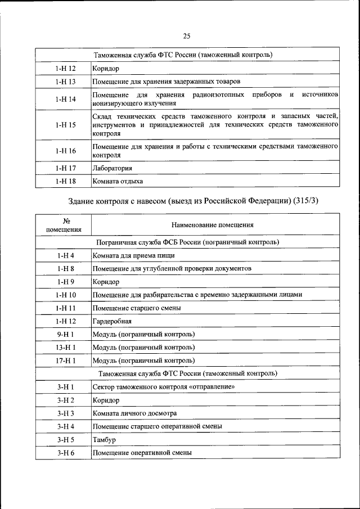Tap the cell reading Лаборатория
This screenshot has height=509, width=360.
point(112,168)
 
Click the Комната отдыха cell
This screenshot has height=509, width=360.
point(118,181)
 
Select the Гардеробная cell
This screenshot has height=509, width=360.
point(112,321)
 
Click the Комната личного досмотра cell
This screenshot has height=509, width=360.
point(134,413)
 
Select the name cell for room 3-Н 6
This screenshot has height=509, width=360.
point(142,453)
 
